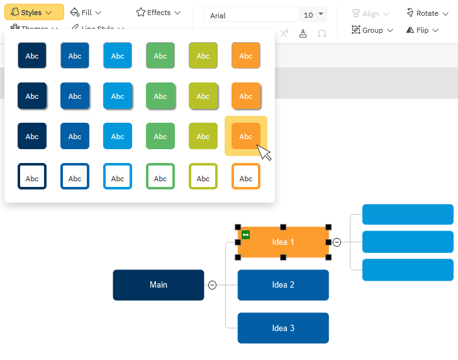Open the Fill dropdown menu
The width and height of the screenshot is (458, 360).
(86, 12)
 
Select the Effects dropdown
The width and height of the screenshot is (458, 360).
(159, 12)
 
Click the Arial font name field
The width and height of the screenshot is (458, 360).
(250, 15)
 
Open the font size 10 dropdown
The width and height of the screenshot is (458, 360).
(313, 14)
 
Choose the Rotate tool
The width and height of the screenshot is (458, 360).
(422, 13)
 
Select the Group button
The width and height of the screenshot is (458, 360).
(372, 30)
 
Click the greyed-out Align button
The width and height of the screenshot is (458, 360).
(371, 13)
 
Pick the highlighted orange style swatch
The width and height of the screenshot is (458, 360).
(246, 136)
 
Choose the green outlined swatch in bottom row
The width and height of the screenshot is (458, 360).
(160, 176)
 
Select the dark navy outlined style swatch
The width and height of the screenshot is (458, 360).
(32, 176)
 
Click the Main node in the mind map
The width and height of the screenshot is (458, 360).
(159, 284)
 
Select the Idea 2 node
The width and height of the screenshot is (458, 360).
(283, 284)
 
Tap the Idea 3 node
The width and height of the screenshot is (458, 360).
(283, 328)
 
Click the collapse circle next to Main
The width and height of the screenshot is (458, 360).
(212, 285)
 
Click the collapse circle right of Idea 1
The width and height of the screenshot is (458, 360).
(337, 242)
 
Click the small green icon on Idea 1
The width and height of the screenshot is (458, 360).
(246, 235)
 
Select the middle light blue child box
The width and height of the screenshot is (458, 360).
(408, 242)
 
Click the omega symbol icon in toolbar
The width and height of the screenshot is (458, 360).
(322, 33)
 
